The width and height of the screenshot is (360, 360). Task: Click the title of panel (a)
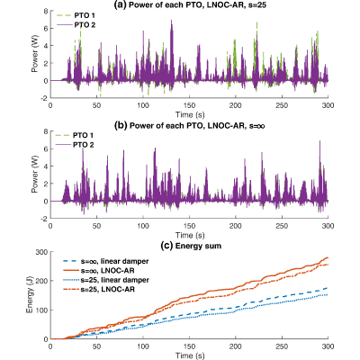(x=190, y=4)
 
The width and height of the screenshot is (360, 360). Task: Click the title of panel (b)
(x=190, y=126)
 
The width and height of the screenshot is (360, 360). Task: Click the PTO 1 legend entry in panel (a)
(x=75, y=15)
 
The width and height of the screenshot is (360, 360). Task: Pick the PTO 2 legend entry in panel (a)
(x=75, y=25)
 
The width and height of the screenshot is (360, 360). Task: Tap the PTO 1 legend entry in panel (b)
(x=74, y=136)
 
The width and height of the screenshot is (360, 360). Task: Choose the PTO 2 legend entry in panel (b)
(x=74, y=145)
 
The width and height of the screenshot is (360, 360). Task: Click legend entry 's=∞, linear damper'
(x=105, y=261)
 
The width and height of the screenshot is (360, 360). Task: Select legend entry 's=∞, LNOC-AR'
(x=99, y=271)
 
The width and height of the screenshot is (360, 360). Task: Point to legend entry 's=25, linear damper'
(x=106, y=280)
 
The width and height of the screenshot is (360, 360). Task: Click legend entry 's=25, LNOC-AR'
(x=99, y=290)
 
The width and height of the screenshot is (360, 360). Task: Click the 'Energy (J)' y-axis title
(x=30, y=295)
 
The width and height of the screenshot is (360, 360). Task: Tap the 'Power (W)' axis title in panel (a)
(x=35, y=55)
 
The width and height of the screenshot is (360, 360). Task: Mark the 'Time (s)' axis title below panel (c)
(x=190, y=355)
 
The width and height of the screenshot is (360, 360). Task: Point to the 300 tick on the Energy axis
(x=41, y=252)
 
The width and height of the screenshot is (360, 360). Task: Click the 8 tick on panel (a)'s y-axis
(x=46, y=11)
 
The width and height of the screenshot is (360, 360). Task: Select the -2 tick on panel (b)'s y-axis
(x=44, y=219)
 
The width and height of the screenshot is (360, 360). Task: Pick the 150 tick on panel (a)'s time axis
(x=189, y=105)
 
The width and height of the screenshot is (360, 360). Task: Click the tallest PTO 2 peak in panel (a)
(x=171, y=21)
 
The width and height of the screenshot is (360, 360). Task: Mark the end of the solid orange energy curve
(x=328, y=257)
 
